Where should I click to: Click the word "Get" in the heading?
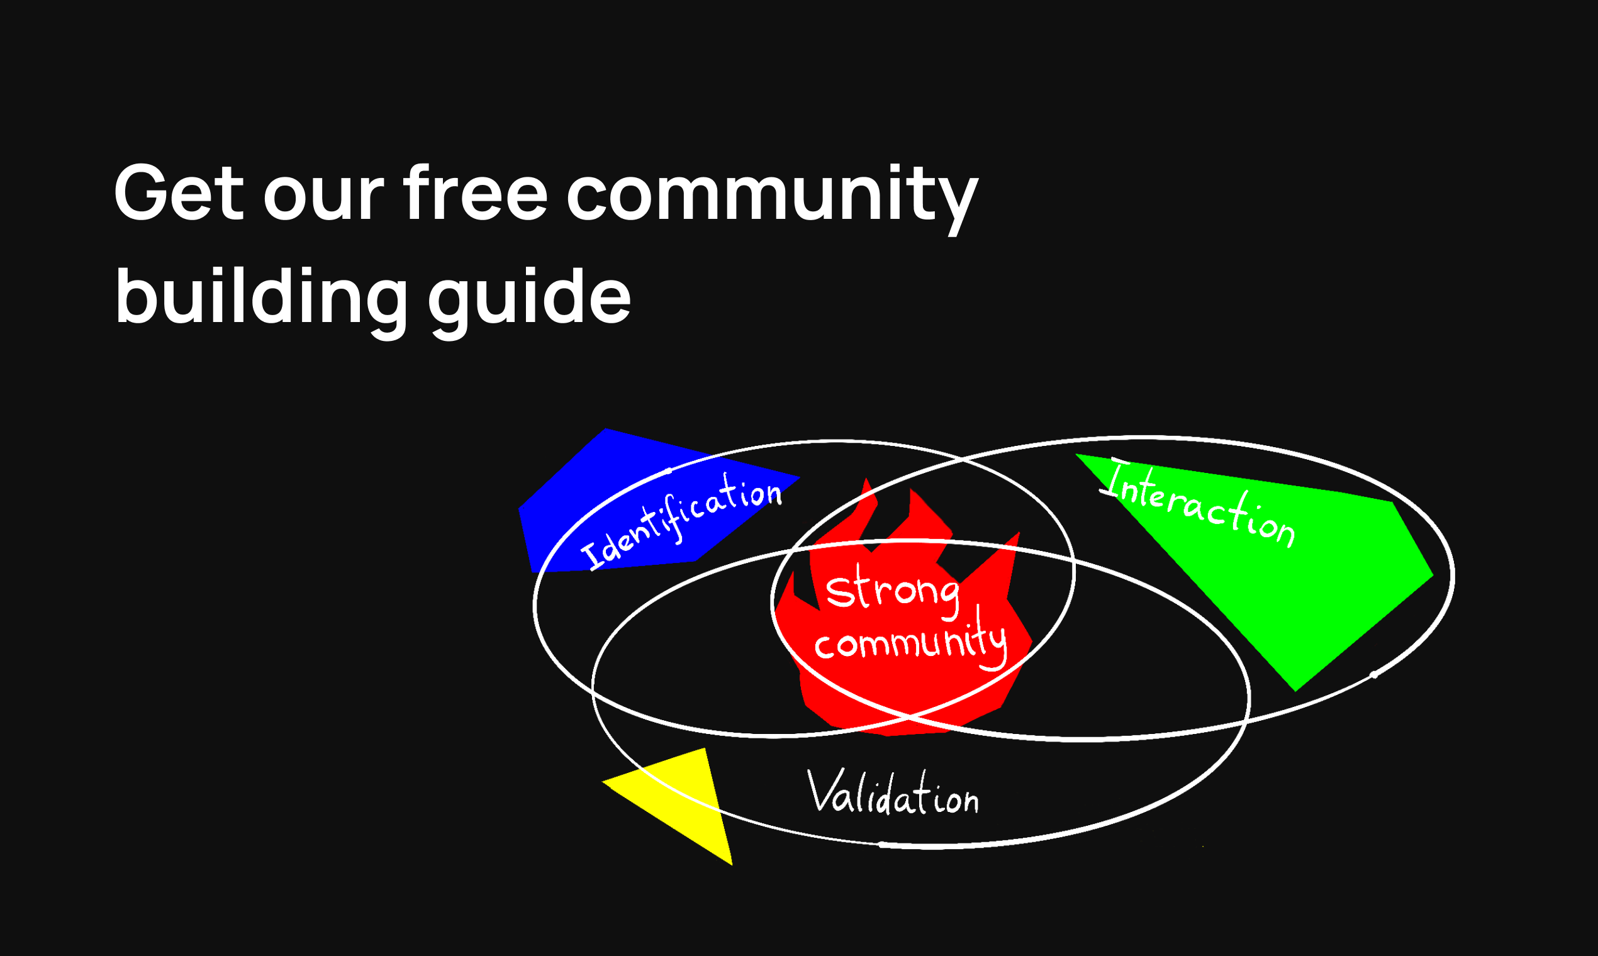179,193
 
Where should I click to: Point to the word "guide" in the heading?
529,298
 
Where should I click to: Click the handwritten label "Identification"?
681,522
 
